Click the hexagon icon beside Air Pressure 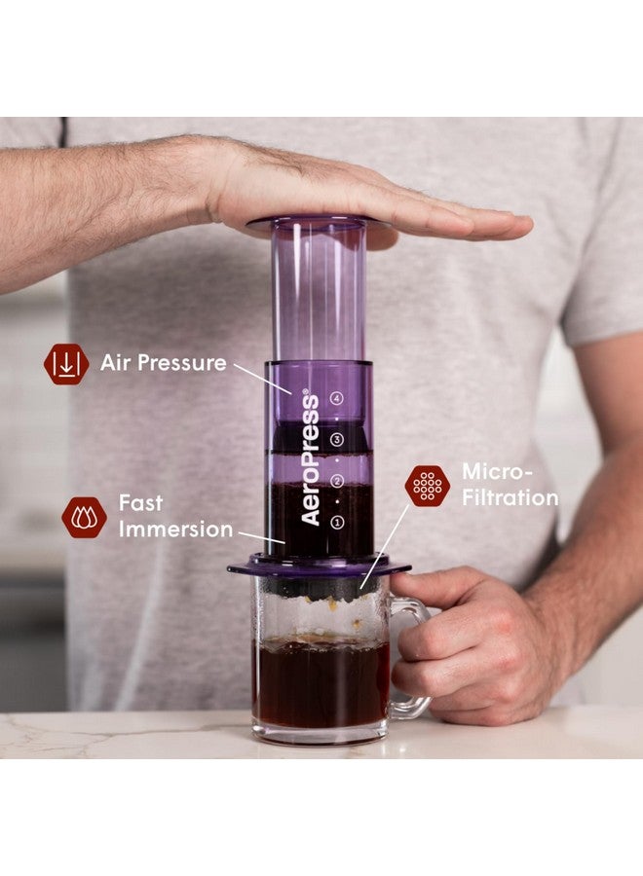point(66,364)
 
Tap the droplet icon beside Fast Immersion point(84,517)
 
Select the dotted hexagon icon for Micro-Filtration point(427,486)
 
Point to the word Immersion point(176,529)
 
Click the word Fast point(141,503)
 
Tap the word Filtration point(511,497)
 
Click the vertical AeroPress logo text point(310,457)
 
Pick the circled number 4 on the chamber point(337,397)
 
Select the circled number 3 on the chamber point(337,439)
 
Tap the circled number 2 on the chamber point(337,481)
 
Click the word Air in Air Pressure point(116,363)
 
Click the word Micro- point(497,472)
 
